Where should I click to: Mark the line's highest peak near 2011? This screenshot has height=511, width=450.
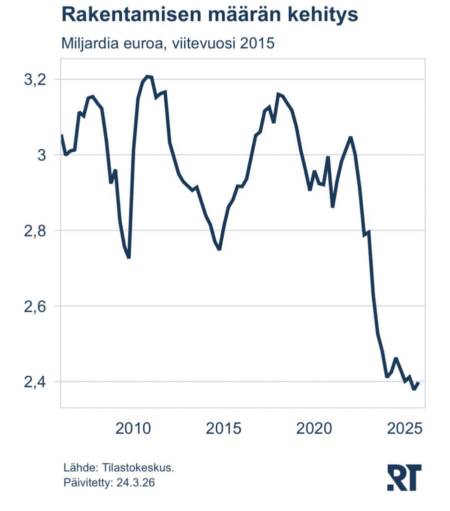pos(147,76)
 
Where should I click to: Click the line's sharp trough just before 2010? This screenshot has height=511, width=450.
pos(129,257)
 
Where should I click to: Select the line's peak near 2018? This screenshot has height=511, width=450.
pos(278,94)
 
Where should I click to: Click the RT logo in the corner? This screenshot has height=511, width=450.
pos(404,477)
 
